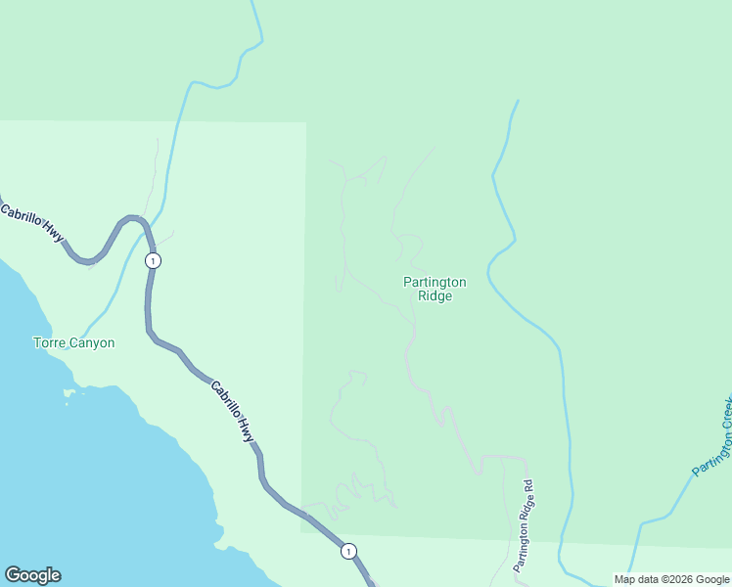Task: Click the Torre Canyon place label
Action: tap(73, 343)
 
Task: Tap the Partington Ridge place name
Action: tap(435, 289)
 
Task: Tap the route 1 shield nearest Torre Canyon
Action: tap(152, 261)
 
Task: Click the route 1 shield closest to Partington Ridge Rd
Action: tap(348, 552)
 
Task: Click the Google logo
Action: tap(32, 575)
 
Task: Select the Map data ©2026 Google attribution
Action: tap(671, 579)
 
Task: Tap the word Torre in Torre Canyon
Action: tap(49, 343)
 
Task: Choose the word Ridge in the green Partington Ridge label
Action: tap(435, 296)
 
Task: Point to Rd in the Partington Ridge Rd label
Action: tap(528, 485)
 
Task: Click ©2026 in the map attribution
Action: tap(665, 579)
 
